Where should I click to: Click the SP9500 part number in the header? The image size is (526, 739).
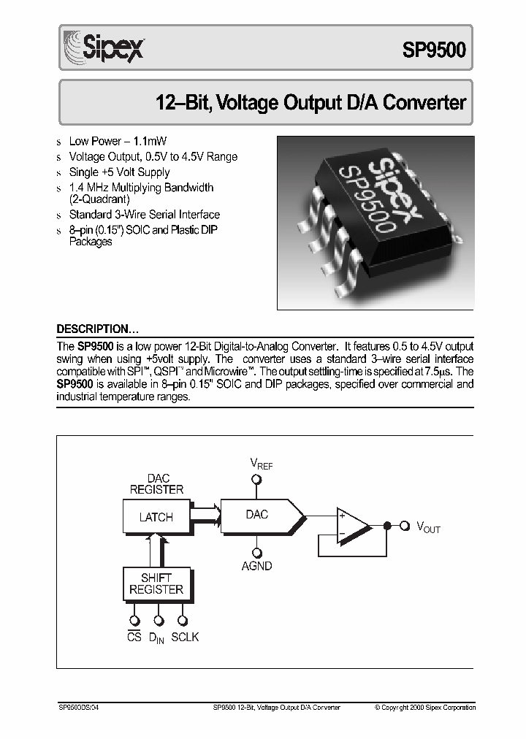(x=433, y=49)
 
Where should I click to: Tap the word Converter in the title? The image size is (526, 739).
(x=424, y=102)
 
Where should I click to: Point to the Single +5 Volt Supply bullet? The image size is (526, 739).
(x=119, y=172)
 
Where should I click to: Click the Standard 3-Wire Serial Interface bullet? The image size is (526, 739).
(x=144, y=215)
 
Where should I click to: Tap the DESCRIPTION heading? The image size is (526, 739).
(x=97, y=329)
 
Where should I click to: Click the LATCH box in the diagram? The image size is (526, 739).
(x=156, y=517)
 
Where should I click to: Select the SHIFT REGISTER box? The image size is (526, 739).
(x=156, y=583)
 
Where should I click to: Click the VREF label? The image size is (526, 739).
(x=261, y=464)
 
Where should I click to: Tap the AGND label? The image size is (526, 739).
(x=256, y=566)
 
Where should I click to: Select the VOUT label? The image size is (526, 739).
(x=428, y=527)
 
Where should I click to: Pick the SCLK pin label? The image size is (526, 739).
(x=185, y=637)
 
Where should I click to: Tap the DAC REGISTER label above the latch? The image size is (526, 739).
(x=156, y=484)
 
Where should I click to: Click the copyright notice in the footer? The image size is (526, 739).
(x=425, y=707)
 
